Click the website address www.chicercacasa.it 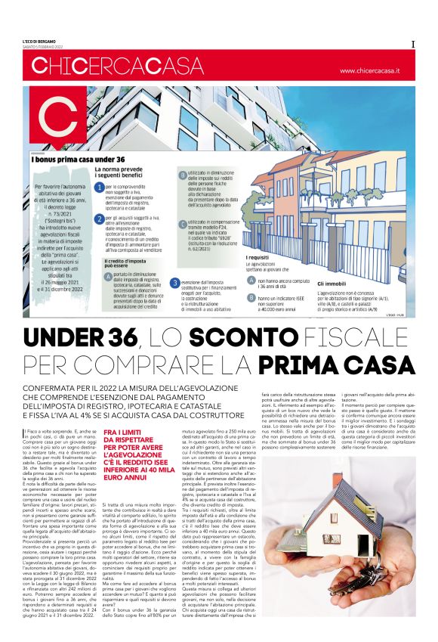(x=369, y=70)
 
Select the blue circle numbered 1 (x=99, y=186)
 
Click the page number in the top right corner (x=412, y=45)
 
